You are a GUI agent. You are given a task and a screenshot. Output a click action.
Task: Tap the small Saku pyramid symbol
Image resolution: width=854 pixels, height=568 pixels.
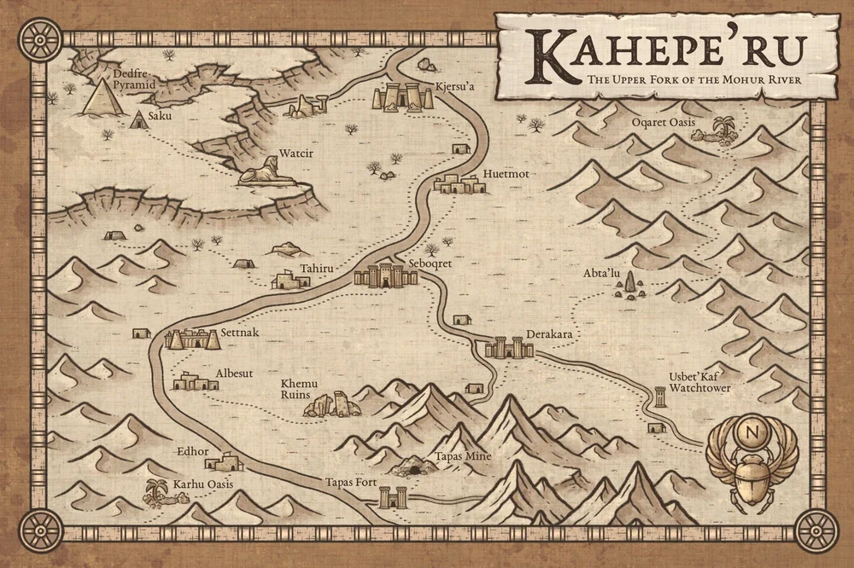click(137, 121)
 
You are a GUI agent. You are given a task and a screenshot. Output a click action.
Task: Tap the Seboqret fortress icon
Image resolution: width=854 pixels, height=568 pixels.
click(379, 275)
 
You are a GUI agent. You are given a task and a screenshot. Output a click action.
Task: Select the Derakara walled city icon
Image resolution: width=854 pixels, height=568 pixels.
click(509, 347)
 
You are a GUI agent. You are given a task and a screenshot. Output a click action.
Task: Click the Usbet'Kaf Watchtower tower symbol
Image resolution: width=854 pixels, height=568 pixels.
click(659, 397)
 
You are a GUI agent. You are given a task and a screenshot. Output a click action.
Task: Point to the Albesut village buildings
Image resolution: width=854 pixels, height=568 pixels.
click(196, 382)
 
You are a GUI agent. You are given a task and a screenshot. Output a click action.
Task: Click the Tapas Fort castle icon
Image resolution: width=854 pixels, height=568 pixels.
click(391, 496)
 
